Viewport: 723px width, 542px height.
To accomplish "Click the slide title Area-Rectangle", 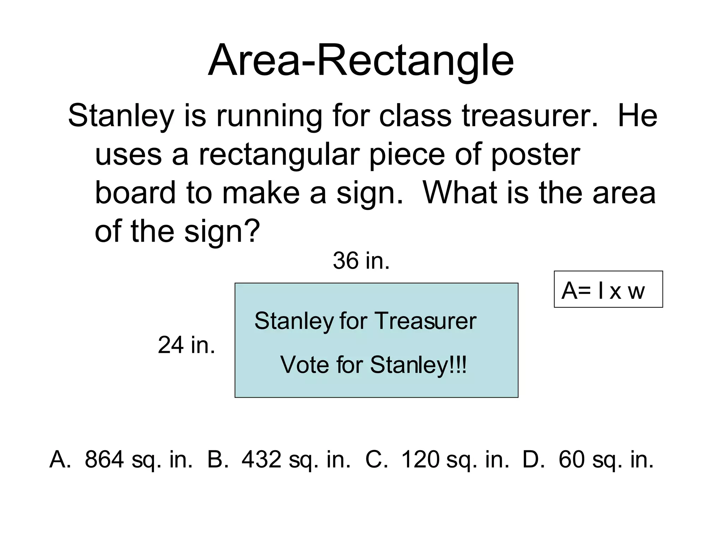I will [x=361, y=60].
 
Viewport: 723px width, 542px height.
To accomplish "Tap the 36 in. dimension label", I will [x=361, y=261].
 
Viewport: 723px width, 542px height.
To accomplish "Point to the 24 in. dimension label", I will [x=186, y=345].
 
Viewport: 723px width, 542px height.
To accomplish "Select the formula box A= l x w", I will [x=608, y=290].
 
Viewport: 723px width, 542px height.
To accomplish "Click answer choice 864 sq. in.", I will [x=138, y=460].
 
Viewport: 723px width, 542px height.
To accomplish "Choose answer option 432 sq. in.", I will [x=296, y=460].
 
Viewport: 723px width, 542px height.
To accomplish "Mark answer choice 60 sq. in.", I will [x=606, y=460].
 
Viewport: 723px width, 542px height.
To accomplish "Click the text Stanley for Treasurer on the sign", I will [x=365, y=321].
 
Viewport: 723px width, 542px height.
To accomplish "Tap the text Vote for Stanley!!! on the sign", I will [x=373, y=365].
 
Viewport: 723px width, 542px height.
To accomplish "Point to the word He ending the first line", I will [x=637, y=116].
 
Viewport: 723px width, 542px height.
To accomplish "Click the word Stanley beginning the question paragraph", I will [x=121, y=116].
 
